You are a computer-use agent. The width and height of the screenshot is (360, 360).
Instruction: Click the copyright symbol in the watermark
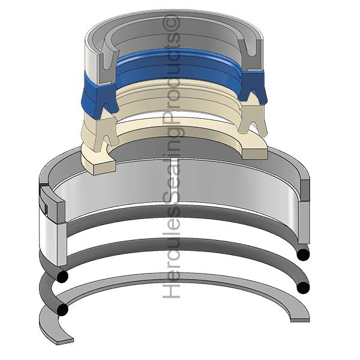click(171, 22)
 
